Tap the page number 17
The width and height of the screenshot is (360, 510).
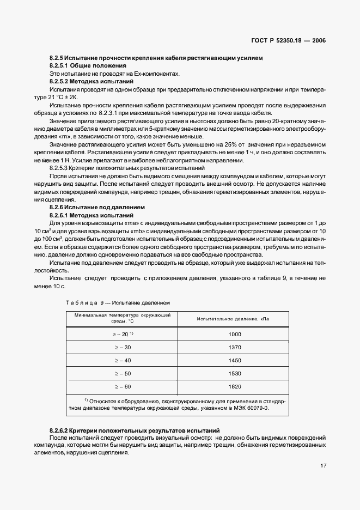[323, 465]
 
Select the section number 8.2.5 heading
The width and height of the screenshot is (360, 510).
[57, 58]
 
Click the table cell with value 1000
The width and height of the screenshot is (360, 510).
[235, 334]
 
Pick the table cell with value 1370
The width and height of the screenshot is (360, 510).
[235, 347]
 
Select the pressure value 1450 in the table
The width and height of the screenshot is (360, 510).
[235, 360]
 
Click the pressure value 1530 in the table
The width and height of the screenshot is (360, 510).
[235, 373]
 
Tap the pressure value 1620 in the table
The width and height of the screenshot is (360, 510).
[235, 386]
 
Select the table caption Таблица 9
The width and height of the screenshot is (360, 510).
[82, 302]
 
